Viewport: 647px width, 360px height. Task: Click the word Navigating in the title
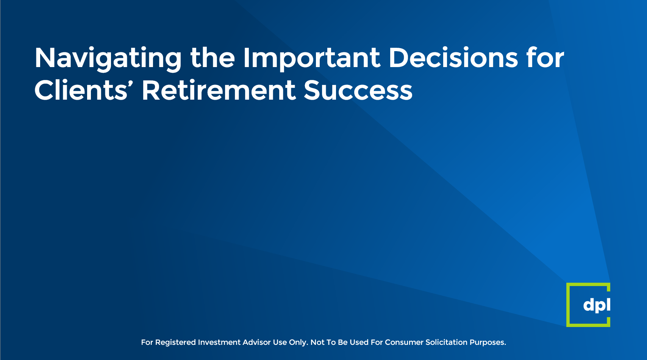pos(108,59)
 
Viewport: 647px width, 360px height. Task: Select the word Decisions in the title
pos(453,57)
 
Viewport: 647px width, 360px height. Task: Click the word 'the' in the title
pos(212,57)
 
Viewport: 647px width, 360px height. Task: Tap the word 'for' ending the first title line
pos(545,57)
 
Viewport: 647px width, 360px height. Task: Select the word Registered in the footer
pos(175,342)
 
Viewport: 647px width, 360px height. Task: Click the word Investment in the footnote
pos(219,342)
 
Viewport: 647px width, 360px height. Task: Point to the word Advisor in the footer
pos(256,342)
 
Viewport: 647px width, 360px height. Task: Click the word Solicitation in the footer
pos(446,342)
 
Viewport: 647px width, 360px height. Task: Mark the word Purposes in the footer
pos(487,343)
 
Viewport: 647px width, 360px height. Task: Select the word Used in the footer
pos(358,342)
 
